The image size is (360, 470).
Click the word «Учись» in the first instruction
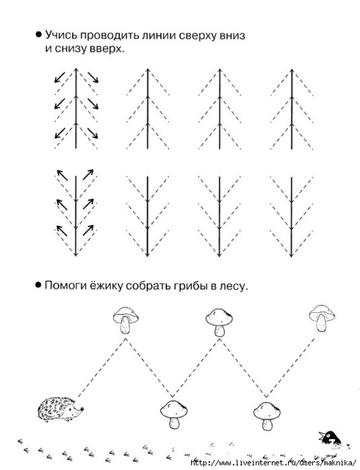pos(62,35)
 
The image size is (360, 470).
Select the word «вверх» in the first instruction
pos(107,49)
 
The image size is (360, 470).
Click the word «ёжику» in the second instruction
pos(107,286)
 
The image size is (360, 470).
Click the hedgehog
pos(60,409)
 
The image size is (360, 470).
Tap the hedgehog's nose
pos(82,408)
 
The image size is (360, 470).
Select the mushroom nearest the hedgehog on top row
pos(126,319)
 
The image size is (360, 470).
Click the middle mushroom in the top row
pos(219,322)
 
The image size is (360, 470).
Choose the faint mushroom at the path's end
pos(322,318)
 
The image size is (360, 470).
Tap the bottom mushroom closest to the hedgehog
pos(173,415)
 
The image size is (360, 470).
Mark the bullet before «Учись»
pos(38,35)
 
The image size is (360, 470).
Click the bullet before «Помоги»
pos(38,285)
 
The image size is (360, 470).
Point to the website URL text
pos(274,463)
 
